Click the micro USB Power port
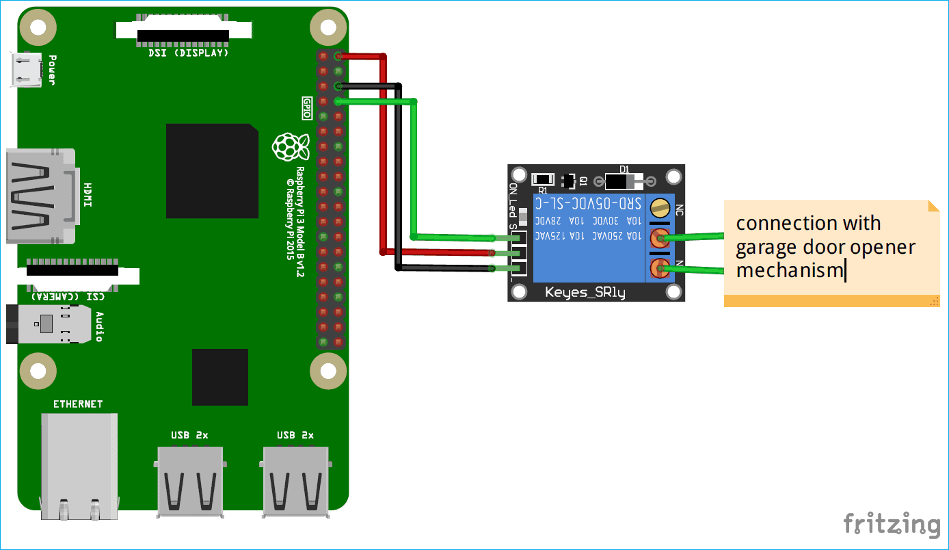pyautogui.click(x=25, y=70)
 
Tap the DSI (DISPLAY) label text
pyautogui.click(x=189, y=53)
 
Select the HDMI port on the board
pyautogui.click(x=41, y=196)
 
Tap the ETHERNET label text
pyautogui.click(x=78, y=404)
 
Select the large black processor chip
pyautogui.click(x=212, y=171)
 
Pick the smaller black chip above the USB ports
pyautogui.click(x=219, y=377)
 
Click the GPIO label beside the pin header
pyautogui.click(x=307, y=108)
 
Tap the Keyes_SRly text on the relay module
pyautogui.click(x=585, y=293)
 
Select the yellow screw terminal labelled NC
pyautogui.click(x=660, y=207)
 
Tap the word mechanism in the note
pyautogui.click(x=790, y=270)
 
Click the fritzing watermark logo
pyautogui.click(x=892, y=525)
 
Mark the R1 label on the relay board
pyautogui.click(x=542, y=189)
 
